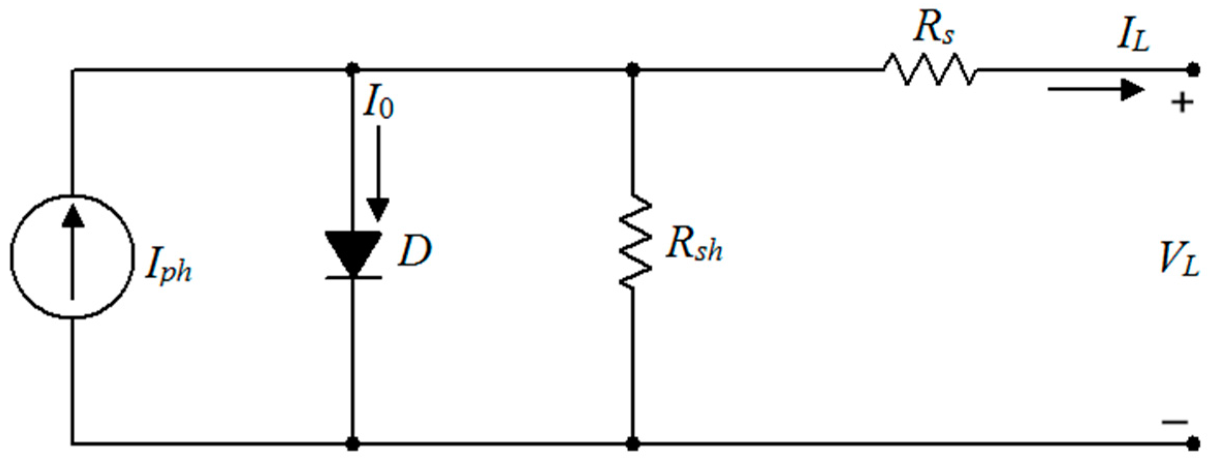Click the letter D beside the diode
click(413, 252)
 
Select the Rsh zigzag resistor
click(634, 242)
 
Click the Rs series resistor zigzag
click(930, 70)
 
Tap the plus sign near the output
click(1182, 103)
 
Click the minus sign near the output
click(1175, 422)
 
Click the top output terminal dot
click(1192, 70)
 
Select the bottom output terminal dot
click(1192, 443)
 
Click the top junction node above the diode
click(353, 69)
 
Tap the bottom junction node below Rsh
click(633, 443)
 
